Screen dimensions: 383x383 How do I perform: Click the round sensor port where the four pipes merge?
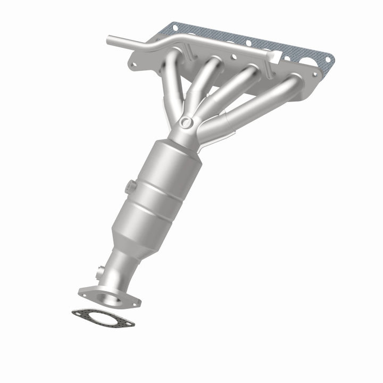[x=185, y=123]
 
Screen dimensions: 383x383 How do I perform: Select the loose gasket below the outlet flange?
[x=103, y=318]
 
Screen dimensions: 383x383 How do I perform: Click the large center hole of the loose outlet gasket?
[x=103, y=318]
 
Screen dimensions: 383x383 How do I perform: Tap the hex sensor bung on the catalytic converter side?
[x=130, y=187]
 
